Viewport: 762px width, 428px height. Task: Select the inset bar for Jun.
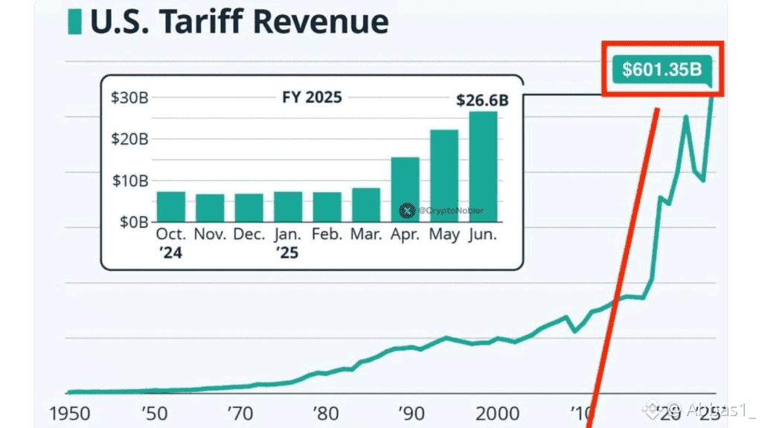point(483,166)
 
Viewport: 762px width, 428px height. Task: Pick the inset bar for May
point(444,176)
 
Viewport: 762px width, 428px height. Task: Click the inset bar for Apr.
point(405,189)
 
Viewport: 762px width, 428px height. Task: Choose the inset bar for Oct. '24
point(171,206)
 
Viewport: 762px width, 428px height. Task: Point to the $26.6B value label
point(482,99)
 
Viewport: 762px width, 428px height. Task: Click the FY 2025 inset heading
point(312,98)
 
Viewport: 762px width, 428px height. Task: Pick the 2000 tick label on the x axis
point(499,414)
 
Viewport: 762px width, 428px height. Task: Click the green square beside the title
point(74,22)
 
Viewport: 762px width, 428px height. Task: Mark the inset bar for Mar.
point(366,204)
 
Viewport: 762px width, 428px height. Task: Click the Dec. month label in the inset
point(249,234)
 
